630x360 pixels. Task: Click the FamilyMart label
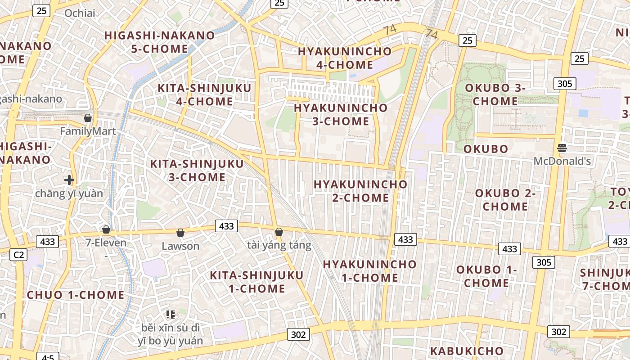pyautogui.click(x=88, y=131)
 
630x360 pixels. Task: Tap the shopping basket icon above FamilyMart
pyautogui.click(x=88, y=118)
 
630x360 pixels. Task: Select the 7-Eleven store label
pyautogui.click(x=106, y=243)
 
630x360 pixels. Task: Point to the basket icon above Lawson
pyautogui.click(x=180, y=233)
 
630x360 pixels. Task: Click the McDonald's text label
pyautogui.click(x=562, y=161)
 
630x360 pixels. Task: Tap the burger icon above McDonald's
pyautogui.click(x=562, y=148)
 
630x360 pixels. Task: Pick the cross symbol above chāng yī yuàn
pyautogui.click(x=69, y=180)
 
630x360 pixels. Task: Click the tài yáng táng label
pyautogui.click(x=279, y=245)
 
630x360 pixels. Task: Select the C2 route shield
pyautogui.click(x=18, y=255)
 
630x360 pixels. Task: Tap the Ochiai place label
pyautogui.click(x=80, y=13)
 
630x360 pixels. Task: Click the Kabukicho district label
pyautogui.click(x=467, y=351)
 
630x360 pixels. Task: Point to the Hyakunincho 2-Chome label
pyautogui.click(x=360, y=191)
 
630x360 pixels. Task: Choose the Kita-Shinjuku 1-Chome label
pyautogui.click(x=256, y=282)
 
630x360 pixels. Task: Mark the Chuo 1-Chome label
pyautogui.click(x=76, y=295)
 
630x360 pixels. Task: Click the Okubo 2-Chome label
pyautogui.click(x=505, y=200)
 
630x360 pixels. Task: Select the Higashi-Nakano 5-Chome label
pyautogui.click(x=160, y=42)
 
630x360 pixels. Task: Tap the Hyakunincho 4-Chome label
pyautogui.click(x=345, y=58)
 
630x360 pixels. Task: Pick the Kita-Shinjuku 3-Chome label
pyautogui.click(x=197, y=170)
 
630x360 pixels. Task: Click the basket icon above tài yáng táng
pyautogui.click(x=279, y=232)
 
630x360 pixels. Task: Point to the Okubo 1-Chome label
pyautogui.click(x=486, y=276)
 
